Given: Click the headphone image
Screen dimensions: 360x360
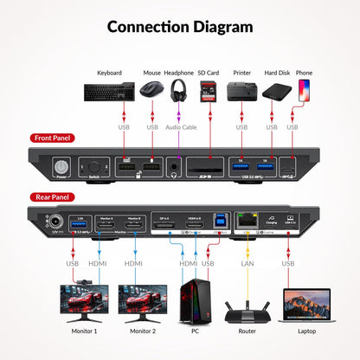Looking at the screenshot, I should click(180, 90).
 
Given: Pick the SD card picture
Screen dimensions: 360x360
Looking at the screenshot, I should click(207, 89).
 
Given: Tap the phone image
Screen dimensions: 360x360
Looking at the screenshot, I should click(303, 89).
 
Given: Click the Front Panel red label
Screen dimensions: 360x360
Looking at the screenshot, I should click(52, 138).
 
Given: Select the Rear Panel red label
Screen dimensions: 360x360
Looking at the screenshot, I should click(51, 197).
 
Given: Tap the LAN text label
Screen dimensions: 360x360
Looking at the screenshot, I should click(247, 263).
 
